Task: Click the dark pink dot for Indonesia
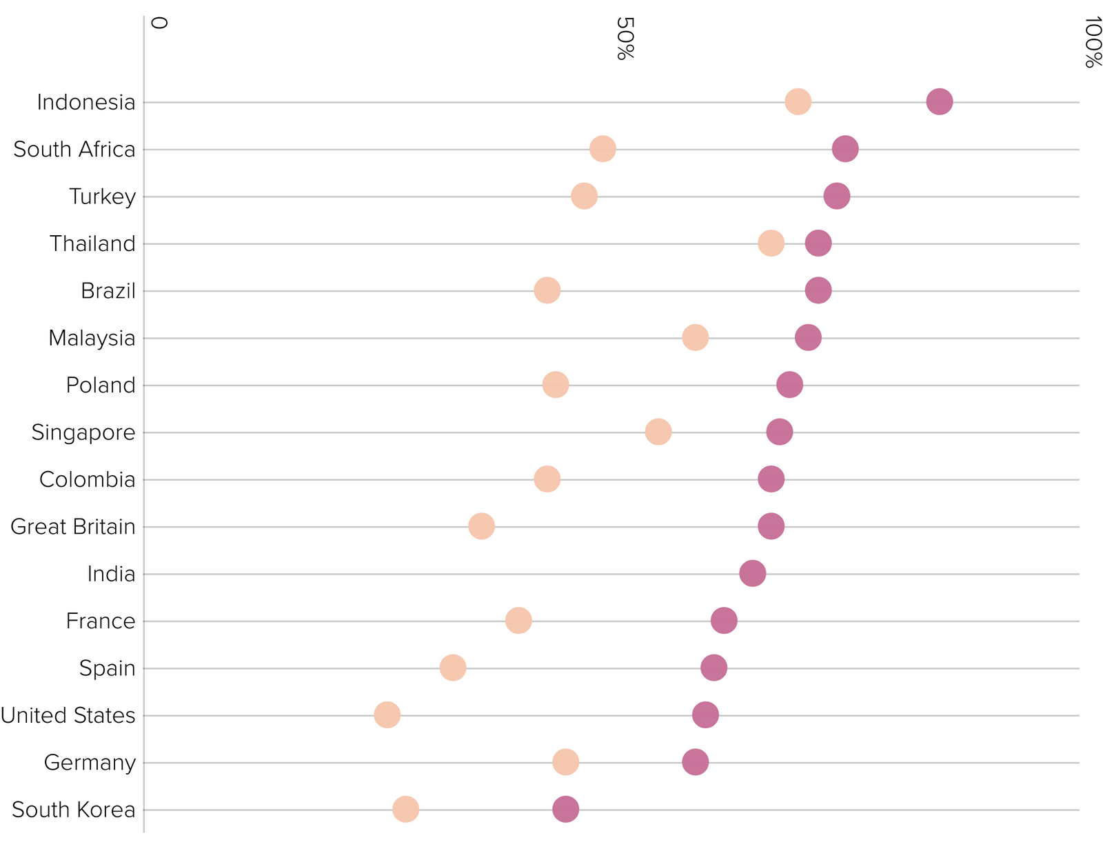click(x=939, y=102)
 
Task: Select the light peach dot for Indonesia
click(x=798, y=102)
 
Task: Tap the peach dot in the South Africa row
click(x=603, y=149)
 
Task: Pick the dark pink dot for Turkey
click(x=836, y=196)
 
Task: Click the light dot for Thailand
click(x=771, y=243)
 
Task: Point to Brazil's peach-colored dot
click(x=547, y=290)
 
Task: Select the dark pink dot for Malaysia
click(x=808, y=338)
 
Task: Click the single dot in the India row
click(x=752, y=573)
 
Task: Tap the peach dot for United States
click(x=387, y=715)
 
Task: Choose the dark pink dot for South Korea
click(x=565, y=809)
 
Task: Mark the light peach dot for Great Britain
click(x=481, y=526)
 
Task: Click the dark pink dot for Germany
click(x=695, y=762)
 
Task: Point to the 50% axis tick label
click(x=624, y=39)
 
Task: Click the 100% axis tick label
click(x=1092, y=43)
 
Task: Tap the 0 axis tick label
click(x=159, y=23)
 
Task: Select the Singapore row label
click(x=83, y=432)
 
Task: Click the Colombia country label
click(x=87, y=479)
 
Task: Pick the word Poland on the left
click(x=101, y=385)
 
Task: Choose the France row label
click(x=101, y=621)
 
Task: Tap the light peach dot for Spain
click(x=452, y=668)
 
